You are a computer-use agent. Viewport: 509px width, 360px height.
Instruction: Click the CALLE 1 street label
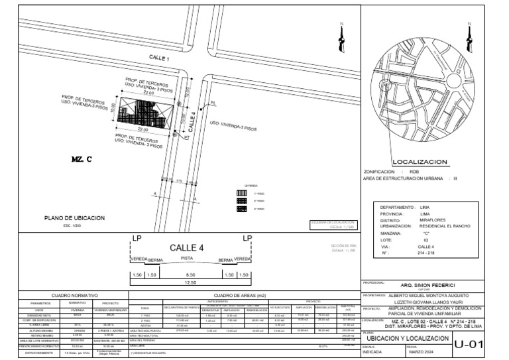click(x=158, y=59)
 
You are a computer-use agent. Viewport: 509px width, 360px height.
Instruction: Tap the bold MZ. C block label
click(x=80, y=160)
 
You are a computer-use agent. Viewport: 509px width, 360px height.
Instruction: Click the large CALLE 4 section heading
click(x=188, y=247)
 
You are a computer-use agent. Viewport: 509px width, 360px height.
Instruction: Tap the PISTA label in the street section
click(x=187, y=257)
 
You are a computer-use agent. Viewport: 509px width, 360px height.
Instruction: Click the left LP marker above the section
click(x=137, y=238)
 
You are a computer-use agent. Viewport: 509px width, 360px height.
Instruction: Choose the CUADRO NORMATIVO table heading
click(x=75, y=294)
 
